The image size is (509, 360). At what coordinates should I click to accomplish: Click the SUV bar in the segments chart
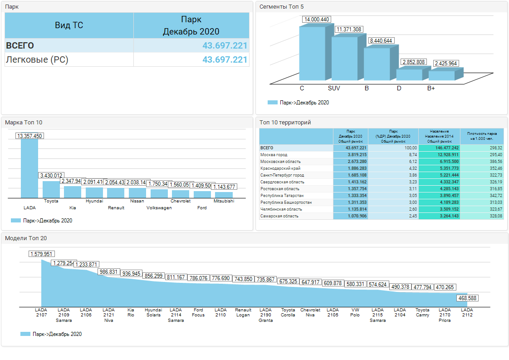[345, 59]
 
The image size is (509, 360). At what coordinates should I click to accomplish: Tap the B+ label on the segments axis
[431, 88]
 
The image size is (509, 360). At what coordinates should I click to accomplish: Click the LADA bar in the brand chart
[29, 168]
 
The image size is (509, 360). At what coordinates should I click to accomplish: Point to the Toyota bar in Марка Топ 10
[51, 189]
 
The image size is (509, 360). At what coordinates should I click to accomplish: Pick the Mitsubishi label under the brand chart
[224, 201]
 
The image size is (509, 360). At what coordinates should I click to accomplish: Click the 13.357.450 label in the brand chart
[29, 136]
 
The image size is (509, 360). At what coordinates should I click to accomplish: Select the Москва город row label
[274, 155]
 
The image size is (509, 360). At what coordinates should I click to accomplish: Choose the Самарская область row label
[279, 216]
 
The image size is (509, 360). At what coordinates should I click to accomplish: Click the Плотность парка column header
[482, 136]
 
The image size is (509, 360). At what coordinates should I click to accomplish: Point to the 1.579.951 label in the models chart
[41, 254]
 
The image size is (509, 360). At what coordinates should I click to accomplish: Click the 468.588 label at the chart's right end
[467, 298]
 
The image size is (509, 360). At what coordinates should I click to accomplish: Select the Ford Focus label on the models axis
[198, 313]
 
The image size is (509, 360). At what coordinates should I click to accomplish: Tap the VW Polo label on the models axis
[355, 313]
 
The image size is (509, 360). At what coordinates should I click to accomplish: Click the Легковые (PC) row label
[37, 59]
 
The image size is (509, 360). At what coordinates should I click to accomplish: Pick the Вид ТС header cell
[69, 25]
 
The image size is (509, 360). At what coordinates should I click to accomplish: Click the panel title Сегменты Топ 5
[281, 7]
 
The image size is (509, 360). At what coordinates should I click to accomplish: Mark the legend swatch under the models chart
[25, 334]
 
